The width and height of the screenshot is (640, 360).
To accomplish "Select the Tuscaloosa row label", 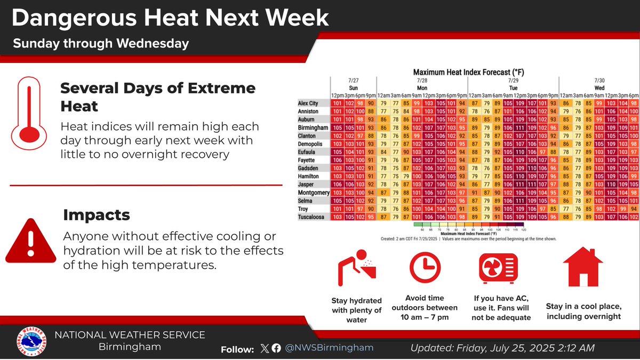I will pos(313,217).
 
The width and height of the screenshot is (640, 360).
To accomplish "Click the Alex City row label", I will pos(308,102).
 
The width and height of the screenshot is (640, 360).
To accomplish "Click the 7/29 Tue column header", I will pos(513,83).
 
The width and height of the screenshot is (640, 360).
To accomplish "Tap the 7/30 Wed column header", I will pos(599,83).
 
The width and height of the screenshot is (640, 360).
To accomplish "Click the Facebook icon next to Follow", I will pos(276,348).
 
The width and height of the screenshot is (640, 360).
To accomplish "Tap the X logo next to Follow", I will pos(265,348).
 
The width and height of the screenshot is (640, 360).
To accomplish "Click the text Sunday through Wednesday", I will pos(101,43).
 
